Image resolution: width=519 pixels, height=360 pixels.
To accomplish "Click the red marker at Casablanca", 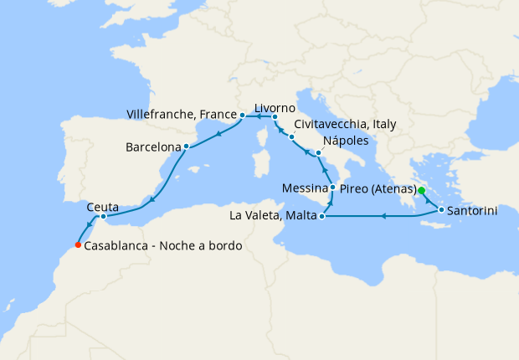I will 77,245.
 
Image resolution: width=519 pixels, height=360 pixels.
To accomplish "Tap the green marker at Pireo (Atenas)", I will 422,191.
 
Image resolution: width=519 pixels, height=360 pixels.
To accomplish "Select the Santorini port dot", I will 440,210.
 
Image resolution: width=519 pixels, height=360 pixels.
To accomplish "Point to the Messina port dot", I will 333,187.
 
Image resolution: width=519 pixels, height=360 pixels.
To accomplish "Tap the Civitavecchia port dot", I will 292,136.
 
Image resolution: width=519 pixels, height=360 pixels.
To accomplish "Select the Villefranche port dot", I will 241,114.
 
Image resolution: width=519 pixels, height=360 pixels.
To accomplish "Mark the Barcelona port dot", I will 186,147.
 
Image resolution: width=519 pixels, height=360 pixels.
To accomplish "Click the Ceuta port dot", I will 103,217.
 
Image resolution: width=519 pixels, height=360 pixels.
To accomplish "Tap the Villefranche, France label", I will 180,113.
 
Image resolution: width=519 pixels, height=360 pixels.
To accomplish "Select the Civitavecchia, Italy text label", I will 345,124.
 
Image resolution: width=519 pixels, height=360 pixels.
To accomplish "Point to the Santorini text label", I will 473,211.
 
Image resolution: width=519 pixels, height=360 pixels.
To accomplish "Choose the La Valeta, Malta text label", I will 270,218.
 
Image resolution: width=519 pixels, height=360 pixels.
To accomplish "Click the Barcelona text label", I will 153,147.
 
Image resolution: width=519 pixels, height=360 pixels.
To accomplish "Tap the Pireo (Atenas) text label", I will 378,191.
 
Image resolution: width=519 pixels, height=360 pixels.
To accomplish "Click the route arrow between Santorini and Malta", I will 383,217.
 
